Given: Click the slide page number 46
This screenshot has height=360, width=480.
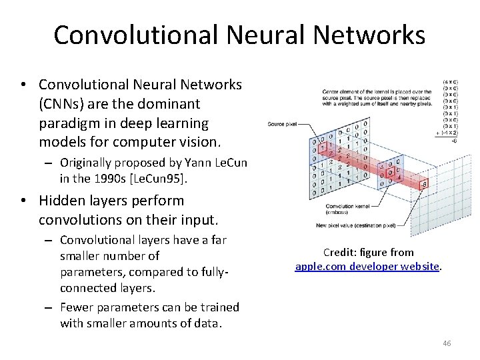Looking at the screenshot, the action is coord(447,343).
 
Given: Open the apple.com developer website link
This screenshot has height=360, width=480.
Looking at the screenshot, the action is coord(367,266).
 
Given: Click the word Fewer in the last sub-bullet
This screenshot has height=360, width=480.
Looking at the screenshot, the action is coord(77,307).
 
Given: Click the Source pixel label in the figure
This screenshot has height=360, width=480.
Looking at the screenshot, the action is coord(283,123).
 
